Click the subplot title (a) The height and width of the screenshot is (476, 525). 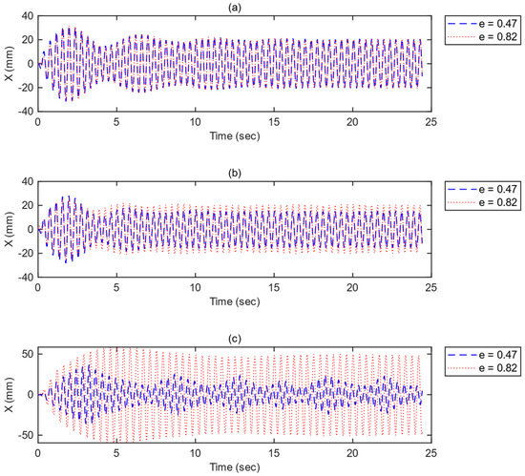click(234, 7)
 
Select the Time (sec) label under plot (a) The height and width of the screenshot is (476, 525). click(234, 136)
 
